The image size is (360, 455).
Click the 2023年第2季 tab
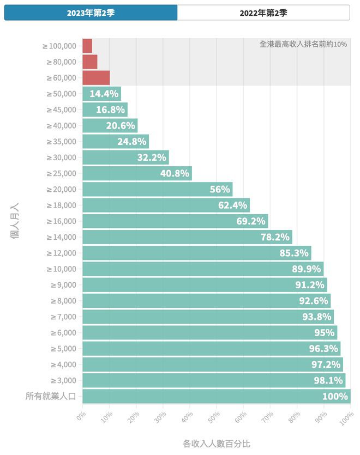pos(91,13)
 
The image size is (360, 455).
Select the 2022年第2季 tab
pos(263,13)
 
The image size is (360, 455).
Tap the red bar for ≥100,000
pos(87,46)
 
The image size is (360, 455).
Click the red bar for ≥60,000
pos(96,78)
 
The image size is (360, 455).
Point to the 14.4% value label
pos(104,94)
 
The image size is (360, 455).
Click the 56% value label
pos(220,190)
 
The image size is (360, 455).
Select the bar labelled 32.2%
pos(125,157)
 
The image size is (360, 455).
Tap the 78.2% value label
pos(275,237)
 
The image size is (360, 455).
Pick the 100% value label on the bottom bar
pos(334,396)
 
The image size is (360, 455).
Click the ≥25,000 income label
pos(62,173)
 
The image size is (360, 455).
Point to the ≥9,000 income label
pos(64,284)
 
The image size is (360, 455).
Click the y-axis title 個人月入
pos(15,221)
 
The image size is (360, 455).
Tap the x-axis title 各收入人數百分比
pos(216,444)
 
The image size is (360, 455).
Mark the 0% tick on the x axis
pos(81,416)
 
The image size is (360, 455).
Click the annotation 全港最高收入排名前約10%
pos(303,44)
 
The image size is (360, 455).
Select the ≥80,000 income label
pos(62,62)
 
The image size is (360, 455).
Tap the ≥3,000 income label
pos(64,380)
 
